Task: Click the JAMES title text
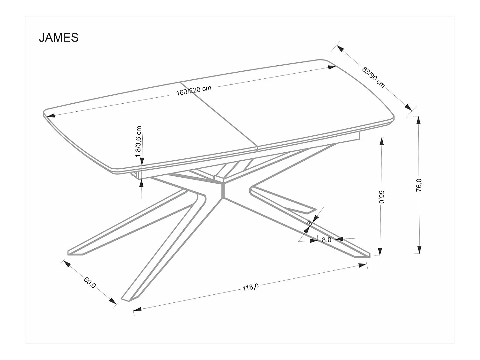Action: pos(59,37)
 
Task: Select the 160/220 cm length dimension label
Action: pos(194,91)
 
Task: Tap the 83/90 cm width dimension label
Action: pos(373,77)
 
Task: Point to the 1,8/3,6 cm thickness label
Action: pos(139,141)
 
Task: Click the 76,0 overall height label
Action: pos(419,185)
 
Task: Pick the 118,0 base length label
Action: pos(251,287)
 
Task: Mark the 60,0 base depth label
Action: pos(90,283)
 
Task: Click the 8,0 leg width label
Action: pos(326,240)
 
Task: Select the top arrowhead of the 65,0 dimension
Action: pos(381,141)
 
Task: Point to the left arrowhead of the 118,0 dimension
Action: pos(137,309)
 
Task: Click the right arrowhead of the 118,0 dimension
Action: pos(363,265)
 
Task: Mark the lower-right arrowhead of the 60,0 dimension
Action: pos(113,301)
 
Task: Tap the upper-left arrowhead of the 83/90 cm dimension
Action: pos(340,48)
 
